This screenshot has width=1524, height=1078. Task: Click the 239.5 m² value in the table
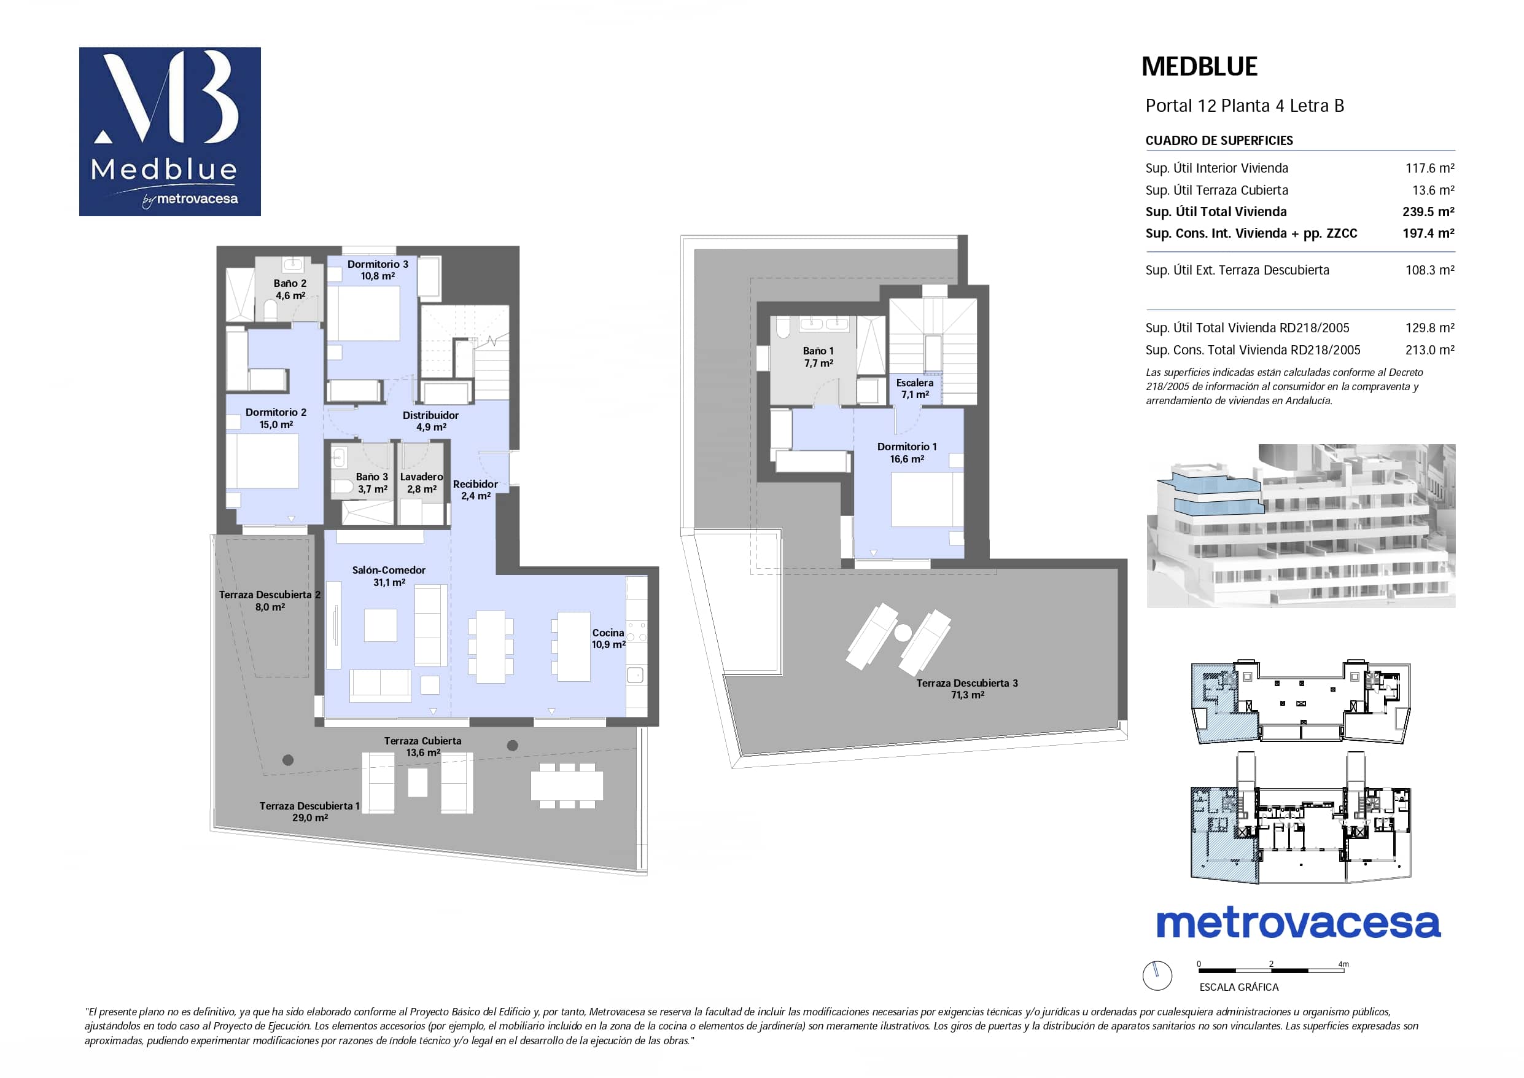1428,212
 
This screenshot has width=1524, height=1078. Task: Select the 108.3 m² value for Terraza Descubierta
1429,270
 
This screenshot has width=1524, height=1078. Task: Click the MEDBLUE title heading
1199,66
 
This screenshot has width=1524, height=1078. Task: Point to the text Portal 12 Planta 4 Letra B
1245,106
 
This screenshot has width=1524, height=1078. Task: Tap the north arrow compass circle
1157,975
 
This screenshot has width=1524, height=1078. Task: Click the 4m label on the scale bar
1343,964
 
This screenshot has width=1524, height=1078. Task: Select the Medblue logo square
170,131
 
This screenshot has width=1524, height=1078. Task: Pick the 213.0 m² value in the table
1429,350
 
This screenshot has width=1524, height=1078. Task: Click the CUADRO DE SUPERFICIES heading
1219,141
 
